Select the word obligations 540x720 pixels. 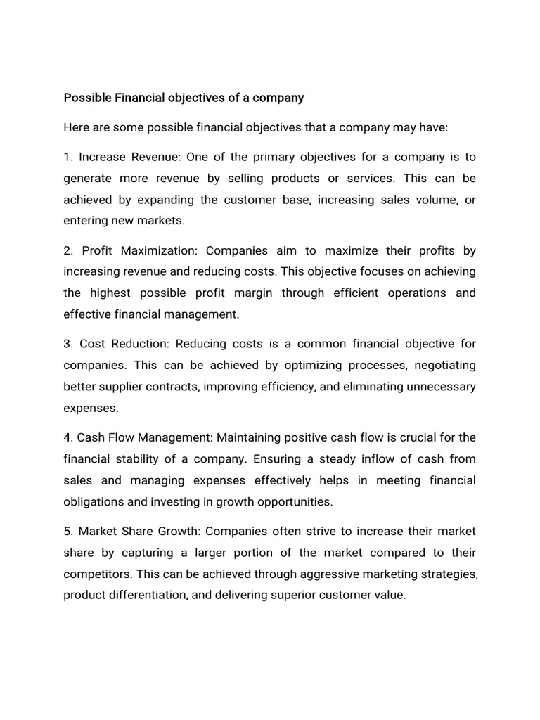coord(93,502)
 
